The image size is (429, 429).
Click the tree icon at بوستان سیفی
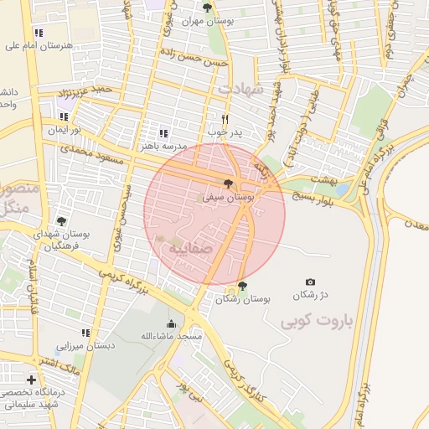[228, 183]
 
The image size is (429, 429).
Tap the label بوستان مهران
[239, 20]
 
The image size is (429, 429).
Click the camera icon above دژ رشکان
[311, 282]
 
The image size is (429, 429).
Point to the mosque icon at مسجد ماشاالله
[173, 324]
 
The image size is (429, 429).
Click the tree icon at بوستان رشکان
[243, 286]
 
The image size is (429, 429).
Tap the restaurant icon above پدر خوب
[225, 119]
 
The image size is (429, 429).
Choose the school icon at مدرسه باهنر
[163, 133]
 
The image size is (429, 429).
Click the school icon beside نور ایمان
[64, 117]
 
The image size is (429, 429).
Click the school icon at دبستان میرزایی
[85, 333]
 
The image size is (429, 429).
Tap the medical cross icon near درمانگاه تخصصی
[31, 380]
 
